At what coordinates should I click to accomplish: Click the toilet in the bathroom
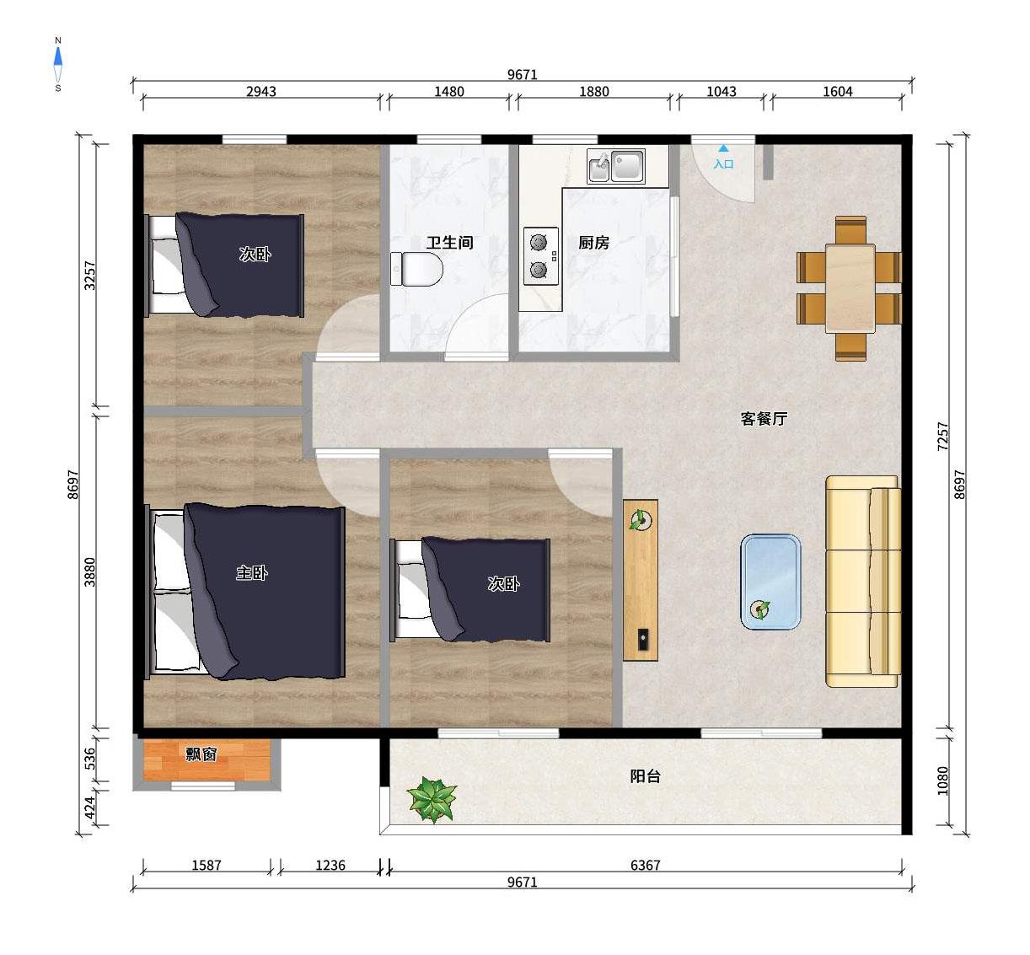coord(416,269)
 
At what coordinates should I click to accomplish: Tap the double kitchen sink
coord(616,166)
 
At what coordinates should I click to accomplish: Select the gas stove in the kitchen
coord(541,255)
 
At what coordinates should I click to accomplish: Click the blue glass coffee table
coord(770,582)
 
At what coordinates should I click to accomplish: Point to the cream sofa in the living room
coord(862,581)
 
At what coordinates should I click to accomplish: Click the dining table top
coord(850,288)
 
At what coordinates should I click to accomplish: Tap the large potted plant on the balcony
coord(432,799)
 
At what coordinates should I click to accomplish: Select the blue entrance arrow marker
coord(723,148)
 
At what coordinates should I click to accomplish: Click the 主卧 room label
coord(252,572)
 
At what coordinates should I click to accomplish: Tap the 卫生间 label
coord(449,242)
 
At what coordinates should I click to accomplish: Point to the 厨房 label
coord(594,242)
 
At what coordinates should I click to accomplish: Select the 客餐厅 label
coord(764,418)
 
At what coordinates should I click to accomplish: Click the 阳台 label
coord(645,776)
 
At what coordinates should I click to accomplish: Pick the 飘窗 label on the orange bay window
coord(201,754)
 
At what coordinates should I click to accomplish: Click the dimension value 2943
coord(260,91)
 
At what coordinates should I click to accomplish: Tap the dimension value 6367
coord(645,866)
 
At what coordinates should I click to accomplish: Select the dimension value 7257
coord(943,437)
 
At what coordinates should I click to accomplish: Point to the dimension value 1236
coord(330,866)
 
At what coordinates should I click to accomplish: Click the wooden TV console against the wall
coord(641,580)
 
